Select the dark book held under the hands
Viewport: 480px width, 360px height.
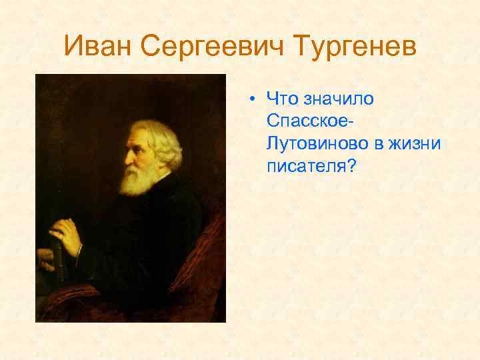pyautogui.click(x=56, y=267)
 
